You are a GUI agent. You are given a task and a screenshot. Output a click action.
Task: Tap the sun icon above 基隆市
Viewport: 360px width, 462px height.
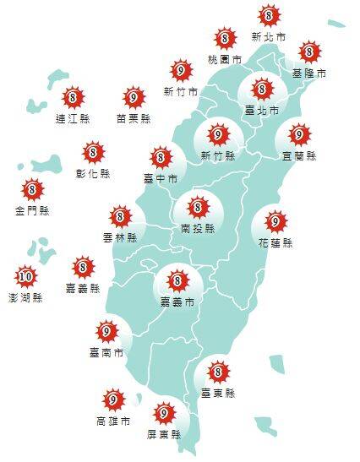309,52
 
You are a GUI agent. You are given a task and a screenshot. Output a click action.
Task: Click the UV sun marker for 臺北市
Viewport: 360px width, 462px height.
261,88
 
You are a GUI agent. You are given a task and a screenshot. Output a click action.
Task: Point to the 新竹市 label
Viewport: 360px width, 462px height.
180,92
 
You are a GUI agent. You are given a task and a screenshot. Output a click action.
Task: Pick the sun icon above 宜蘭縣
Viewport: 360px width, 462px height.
299,134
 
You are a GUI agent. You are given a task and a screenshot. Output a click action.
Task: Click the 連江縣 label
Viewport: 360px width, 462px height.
73,118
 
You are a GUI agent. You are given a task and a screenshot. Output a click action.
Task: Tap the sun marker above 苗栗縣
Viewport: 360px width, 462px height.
133,97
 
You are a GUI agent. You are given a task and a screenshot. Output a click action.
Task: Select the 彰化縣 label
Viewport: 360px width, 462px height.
93,174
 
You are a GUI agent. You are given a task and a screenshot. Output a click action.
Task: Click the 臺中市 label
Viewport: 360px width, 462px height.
161,179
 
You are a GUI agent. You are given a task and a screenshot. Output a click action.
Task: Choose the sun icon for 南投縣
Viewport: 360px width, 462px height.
198,206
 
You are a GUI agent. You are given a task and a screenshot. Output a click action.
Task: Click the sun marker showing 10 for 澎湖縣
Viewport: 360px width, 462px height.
25,275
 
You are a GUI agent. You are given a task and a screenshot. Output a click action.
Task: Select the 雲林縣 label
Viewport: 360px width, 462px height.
120,238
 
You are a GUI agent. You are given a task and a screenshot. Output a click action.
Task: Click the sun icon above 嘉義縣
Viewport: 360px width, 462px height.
83,268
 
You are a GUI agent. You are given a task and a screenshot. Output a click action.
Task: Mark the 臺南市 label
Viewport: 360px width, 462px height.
106,352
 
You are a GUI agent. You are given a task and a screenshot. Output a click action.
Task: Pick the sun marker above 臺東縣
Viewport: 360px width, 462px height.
218,370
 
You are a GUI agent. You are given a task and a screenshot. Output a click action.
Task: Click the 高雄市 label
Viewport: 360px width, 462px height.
112,420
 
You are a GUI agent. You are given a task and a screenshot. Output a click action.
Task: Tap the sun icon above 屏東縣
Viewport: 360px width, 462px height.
164,413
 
